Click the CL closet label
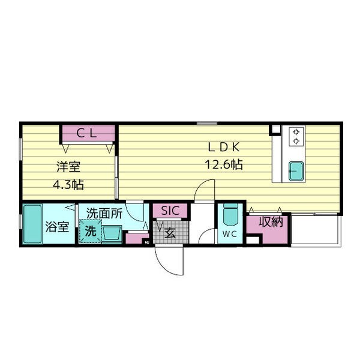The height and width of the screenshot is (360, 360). pyautogui.click(x=86, y=133)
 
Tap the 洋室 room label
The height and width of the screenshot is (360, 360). pyautogui.click(x=68, y=167)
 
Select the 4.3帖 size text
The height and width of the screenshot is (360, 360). pyautogui.click(x=68, y=185)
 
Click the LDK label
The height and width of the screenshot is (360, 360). pyautogui.click(x=224, y=147)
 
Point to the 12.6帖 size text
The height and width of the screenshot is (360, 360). pyautogui.click(x=224, y=164)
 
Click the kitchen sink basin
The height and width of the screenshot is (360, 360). pyautogui.click(x=296, y=171)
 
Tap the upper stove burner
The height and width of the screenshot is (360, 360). pyautogui.click(x=296, y=132)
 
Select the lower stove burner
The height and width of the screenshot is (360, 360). pyautogui.click(x=296, y=140)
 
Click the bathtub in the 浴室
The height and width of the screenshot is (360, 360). pyautogui.click(x=32, y=224)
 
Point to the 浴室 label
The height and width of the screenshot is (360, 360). pyautogui.click(x=57, y=227)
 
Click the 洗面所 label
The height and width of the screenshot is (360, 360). pyautogui.click(x=104, y=214)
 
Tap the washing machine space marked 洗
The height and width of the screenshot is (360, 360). pyautogui.click(x=91, y=231)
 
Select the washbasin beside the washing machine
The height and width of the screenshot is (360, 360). pyautogui.click(x=112, y=234)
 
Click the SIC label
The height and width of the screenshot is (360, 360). pyautogui.click(x=170, y=211)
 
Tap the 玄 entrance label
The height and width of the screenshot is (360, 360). pyautogui.click(x=170, y=233)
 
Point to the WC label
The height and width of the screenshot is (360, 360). pyautogui.click(x=230, y=234)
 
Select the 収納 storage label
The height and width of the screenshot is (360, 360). pyautogui.click(x=271, y=222)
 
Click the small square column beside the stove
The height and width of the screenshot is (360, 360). pyautogui.click(x=275, y=129)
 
